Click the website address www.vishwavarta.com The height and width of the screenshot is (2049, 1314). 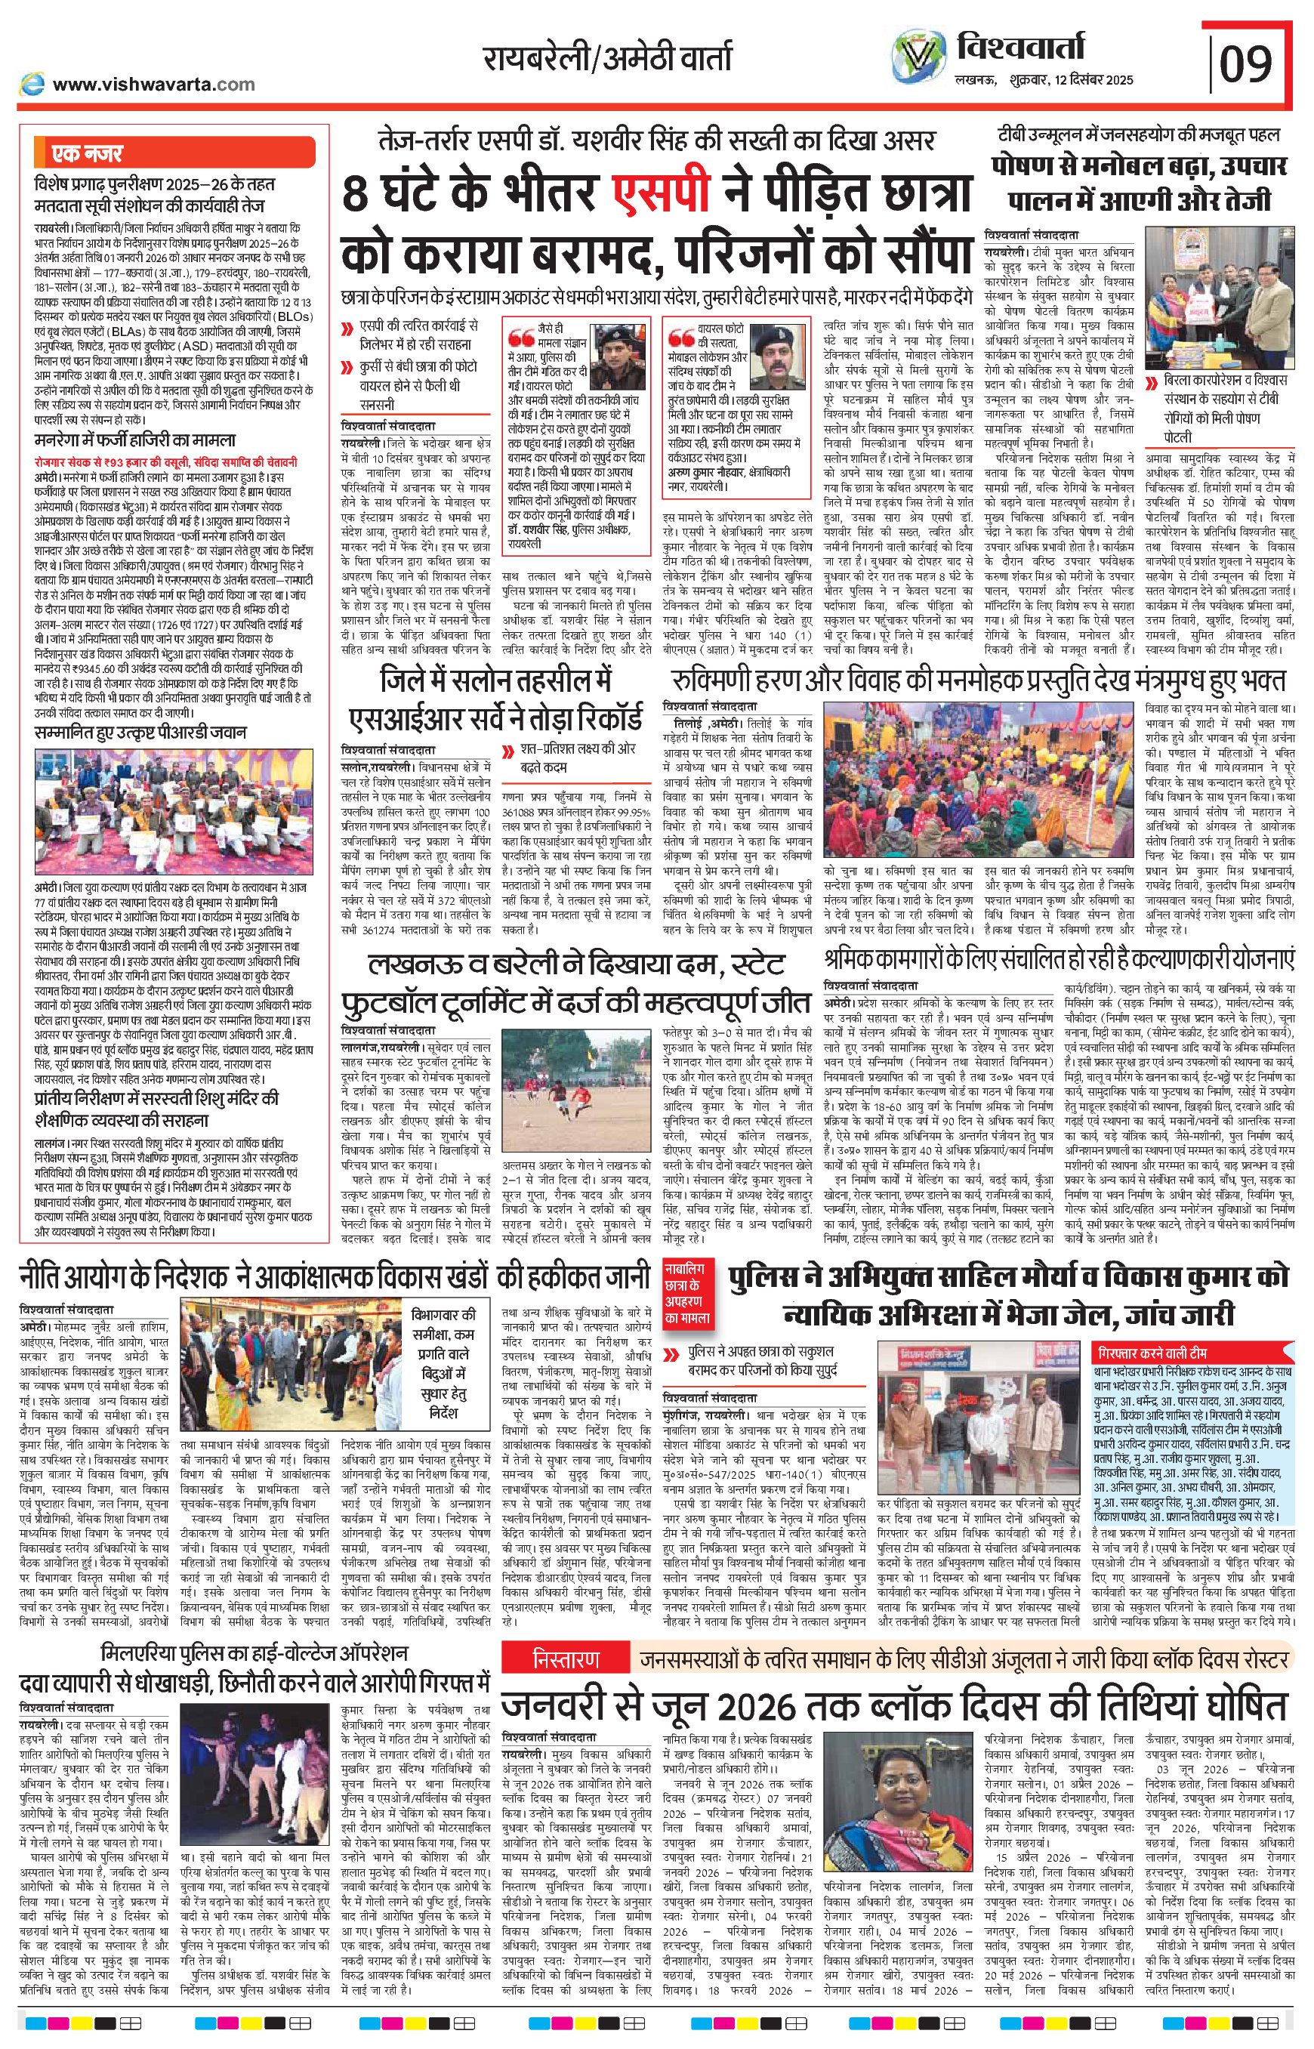(x=153, y=84)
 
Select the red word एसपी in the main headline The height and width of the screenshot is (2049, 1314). (x=663, y=193)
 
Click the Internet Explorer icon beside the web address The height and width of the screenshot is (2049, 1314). (x=32, y=84)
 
